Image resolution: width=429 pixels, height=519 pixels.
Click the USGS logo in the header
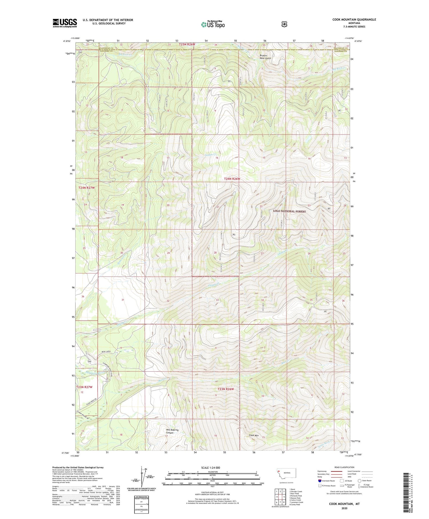(65, 23)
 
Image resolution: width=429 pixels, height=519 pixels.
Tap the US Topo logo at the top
(213, 24)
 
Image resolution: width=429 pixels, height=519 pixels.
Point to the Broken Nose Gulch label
(265, 57)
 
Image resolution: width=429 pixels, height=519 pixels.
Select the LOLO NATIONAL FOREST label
(289, 211)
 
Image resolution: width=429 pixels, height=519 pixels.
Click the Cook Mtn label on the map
(254, 435)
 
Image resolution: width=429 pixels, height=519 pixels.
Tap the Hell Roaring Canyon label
(172, 431)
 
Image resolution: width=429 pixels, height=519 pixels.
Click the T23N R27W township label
(84, 387)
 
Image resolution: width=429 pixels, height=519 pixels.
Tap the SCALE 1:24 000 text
(210, 467)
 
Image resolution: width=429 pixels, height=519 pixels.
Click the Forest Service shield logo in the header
(284, 24)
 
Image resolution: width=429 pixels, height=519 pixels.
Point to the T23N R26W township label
(226, 389)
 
